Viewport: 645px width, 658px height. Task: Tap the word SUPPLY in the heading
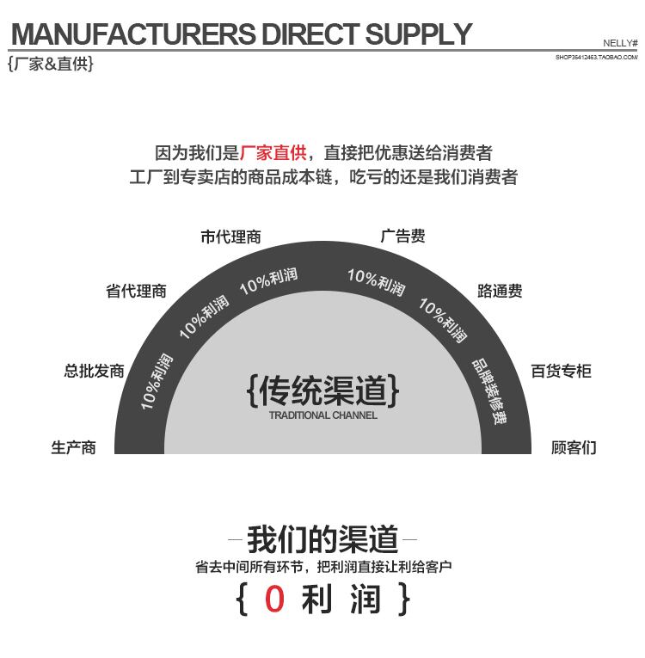[x=419, y=34]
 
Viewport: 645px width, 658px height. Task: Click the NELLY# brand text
[x=620, y=42]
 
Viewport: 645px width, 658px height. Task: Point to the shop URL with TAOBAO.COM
[x=596, y=57]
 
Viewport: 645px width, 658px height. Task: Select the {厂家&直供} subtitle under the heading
[x=50, y=65]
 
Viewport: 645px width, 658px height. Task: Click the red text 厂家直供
[x=273, y=153]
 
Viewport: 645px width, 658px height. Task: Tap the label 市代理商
[x=230, y=237]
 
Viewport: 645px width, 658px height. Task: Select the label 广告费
[x=402, y=237]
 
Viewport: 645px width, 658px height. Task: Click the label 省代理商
[x=136, y=291]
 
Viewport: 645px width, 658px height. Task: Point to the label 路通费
[x=500, y=291]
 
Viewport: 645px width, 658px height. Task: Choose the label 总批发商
[x=94, y=371]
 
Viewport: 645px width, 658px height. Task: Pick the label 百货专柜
[x=561, y=371]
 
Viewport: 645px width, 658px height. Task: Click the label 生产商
[x=73, y=447]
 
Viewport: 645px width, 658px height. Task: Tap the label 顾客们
[x=574, y=447]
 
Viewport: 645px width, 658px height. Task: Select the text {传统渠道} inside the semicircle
[x=322, y=390]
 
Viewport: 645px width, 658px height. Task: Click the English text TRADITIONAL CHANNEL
[x=322, y=415]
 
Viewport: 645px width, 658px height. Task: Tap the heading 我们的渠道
[x=322, y=540]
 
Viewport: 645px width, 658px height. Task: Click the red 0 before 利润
[x=274, y=600]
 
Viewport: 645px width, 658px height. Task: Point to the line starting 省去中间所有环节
[x=322, y=567]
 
